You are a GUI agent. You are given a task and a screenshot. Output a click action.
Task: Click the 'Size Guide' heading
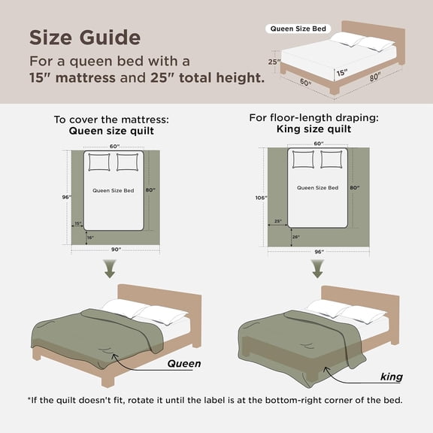coord(84,37)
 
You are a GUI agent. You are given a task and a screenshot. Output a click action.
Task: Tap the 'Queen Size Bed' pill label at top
coord(298,29)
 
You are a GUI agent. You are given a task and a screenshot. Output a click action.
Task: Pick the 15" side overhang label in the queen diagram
coord(78,223)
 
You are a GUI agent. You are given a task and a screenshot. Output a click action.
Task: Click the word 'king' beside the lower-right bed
coord(391,377)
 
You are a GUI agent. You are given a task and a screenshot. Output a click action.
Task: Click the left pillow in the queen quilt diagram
coord(99,162)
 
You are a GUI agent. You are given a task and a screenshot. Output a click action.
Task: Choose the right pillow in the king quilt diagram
coord(332,159)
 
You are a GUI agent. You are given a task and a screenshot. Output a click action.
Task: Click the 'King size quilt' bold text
coord(318,129)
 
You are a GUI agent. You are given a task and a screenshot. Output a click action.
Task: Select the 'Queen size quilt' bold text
coord(110,129)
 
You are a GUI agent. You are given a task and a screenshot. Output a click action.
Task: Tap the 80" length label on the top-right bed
coord(374,76)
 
